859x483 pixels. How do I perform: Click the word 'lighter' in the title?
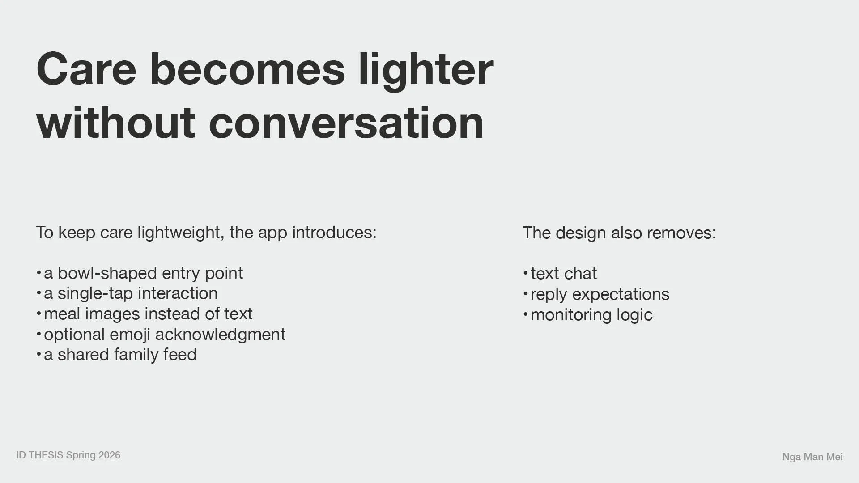[426, 71]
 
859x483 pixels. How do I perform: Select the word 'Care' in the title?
[86, 69]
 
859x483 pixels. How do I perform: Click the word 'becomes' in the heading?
[247, 69]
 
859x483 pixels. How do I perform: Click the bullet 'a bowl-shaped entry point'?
[143, 273]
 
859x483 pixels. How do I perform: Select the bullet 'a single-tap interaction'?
[131, 293]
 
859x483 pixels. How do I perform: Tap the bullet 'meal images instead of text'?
[148, 314]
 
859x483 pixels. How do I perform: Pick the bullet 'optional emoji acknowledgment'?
[165, 335]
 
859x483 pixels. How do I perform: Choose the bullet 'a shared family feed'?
[120, 355]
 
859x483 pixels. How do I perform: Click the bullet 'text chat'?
[564, 274]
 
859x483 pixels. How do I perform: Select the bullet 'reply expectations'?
[600, 294]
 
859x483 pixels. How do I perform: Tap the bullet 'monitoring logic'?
[591, 315]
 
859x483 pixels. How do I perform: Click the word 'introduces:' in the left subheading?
[334, 233]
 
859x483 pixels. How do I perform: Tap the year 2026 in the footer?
[110, 455]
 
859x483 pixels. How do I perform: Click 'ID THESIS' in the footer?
[40, 455]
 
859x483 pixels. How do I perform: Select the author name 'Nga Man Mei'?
[812, 457]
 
